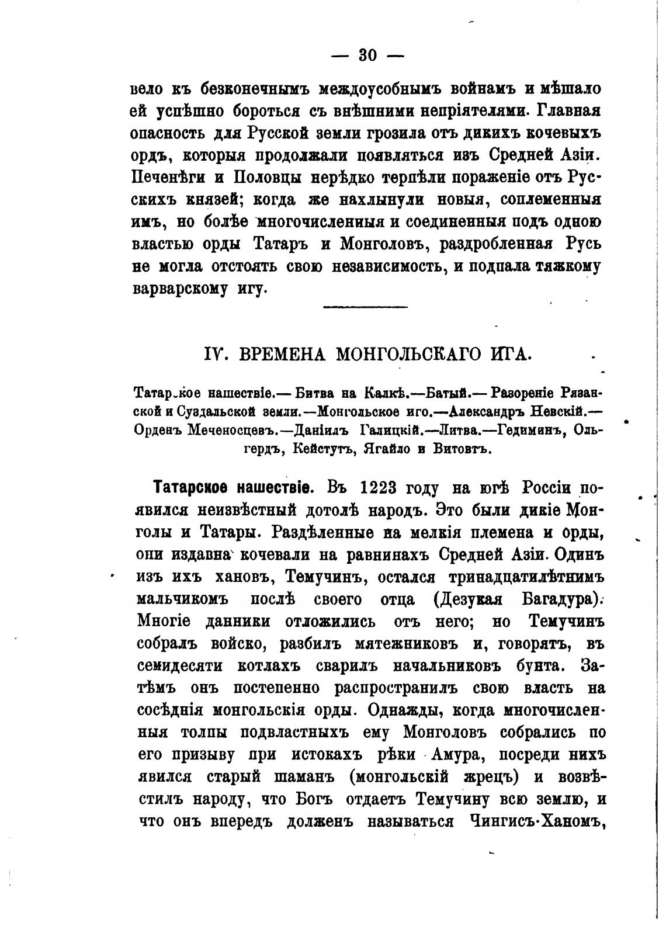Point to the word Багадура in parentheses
559,599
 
